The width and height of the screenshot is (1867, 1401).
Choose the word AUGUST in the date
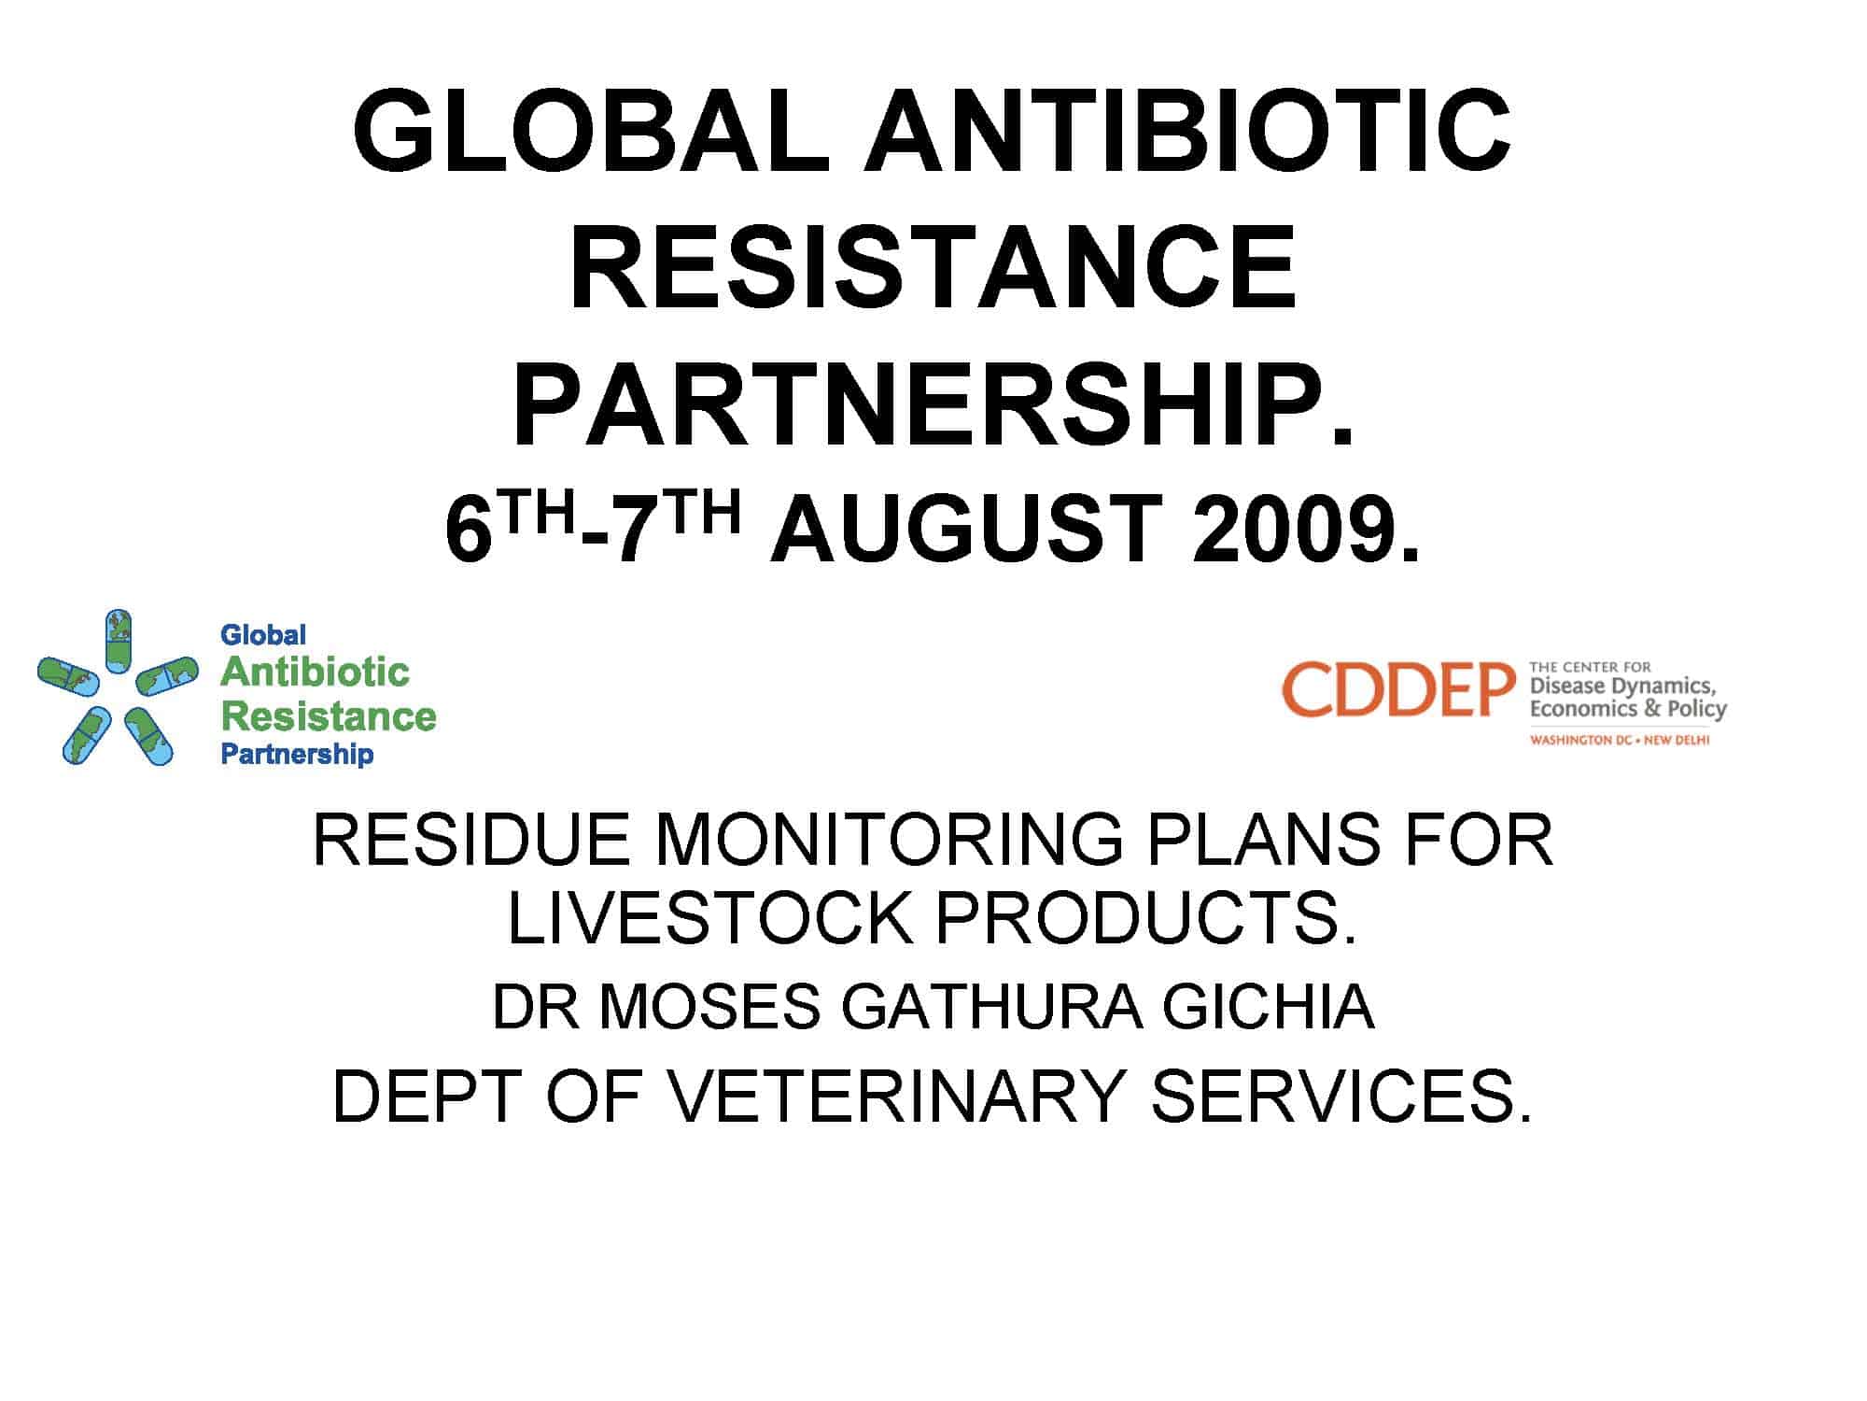pyautogui.click(x=965, y=529)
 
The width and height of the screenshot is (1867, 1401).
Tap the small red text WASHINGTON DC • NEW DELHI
pyautogui.click(x=1619, y=740)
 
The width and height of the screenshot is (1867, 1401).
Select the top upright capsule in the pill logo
pyautogui.click(x=118, y=641)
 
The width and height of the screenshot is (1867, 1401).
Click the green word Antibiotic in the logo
pyautogui.click(x=316, y=672)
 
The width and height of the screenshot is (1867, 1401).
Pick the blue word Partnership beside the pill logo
pyautogui.click(x=297, y=754)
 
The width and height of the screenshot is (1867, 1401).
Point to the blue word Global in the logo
pyautogui.click(x=263, y=635)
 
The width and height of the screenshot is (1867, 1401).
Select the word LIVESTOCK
pyautogui.click(x=709, y=918)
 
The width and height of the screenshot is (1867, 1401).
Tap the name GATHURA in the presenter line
pyautogui.click(x=992, y=1007)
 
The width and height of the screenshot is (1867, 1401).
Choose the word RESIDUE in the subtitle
pyautogui.click(x=471, y=840)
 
